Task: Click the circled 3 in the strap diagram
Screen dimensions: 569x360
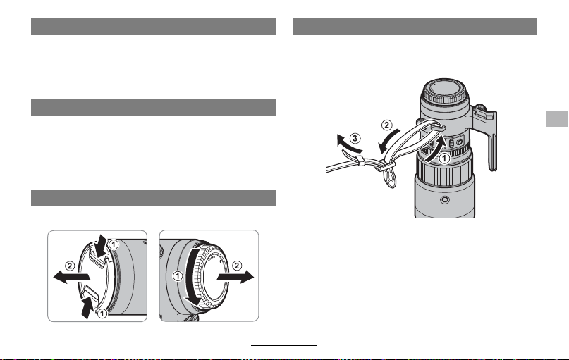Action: (x=355, y=138)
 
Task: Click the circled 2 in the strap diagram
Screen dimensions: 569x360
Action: (x=387, y=125)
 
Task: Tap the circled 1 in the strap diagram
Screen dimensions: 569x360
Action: (x=443, y=159)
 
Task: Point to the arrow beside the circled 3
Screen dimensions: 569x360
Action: (x=348, y=144)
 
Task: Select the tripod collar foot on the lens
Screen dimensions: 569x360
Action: (x=486, y=138)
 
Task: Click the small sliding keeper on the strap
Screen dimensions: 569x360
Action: (x=360, y=160)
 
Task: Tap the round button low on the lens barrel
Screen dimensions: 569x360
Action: (x=444, y=199)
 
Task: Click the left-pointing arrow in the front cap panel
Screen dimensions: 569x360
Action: (x=71, y=278)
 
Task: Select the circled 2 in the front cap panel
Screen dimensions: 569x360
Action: (x=69, y=266)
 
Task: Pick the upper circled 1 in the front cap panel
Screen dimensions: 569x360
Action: (x=114, y=244)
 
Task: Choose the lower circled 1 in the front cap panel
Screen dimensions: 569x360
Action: (x=102, y=313)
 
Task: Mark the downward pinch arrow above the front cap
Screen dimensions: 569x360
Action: (x=101, y=246)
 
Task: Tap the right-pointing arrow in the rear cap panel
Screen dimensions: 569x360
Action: (x=235, y=278)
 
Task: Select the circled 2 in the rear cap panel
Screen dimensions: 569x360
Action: (x=237, y=266)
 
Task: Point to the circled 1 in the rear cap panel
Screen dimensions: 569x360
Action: (x=178, y=276)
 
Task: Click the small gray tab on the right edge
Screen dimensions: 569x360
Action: (x=558, y=118)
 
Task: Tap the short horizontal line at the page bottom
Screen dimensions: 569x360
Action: (x=284, y=345)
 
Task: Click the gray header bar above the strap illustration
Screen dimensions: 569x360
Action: (x=415, y=27)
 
